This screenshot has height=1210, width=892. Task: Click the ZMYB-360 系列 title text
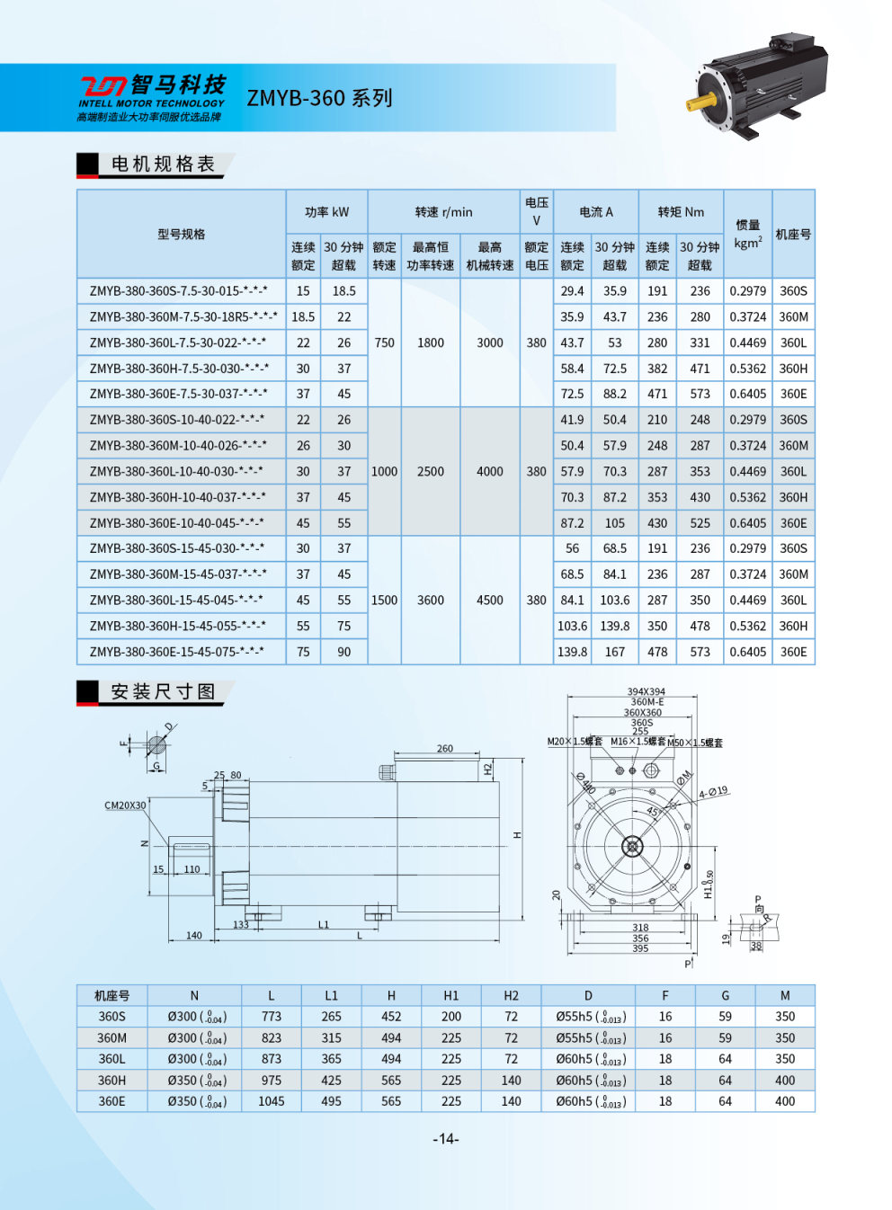click(319, 98)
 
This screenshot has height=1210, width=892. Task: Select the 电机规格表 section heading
click(163, 164)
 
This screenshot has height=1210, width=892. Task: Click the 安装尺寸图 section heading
click(163, 691)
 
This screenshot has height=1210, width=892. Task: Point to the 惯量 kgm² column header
click(747, 234)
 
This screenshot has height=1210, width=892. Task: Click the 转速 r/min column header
click(443, 212)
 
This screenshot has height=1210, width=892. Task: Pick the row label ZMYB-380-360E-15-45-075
click(176, 651)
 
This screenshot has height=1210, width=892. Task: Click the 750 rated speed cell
click(384, 343)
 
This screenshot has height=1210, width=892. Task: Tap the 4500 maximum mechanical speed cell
click(489, 600)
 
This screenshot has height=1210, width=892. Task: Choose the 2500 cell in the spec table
click(430, 471)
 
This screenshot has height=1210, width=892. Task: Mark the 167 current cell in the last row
click(614, 652)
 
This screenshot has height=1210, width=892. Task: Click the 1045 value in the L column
click(271, 1101)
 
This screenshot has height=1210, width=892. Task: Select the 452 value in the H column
click(391, 1016)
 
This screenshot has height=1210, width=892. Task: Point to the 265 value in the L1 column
click(331, 1016)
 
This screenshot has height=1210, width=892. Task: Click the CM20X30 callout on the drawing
click(125, 805)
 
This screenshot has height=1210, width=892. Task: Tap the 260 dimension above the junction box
click(445, 748)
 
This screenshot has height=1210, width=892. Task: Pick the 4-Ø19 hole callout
click(713, 792)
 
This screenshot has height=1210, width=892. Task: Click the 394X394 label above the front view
click(646, 692)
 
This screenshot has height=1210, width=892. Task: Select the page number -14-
click(446, 1139)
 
